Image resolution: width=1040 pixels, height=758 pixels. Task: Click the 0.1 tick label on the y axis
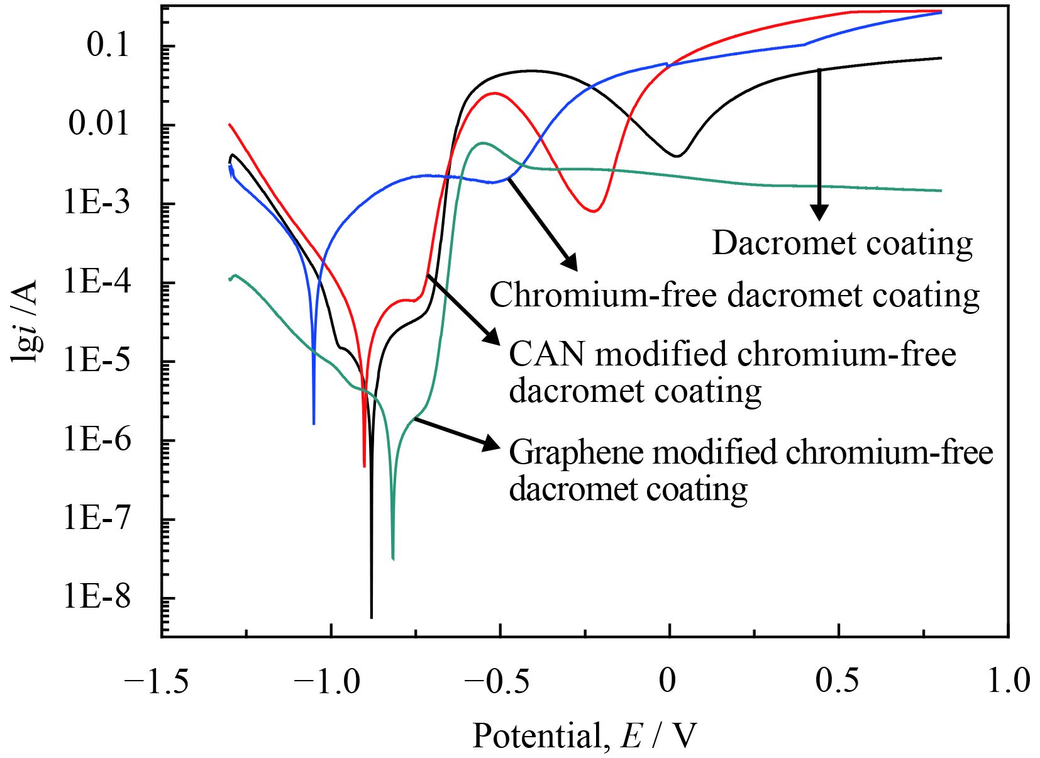108,45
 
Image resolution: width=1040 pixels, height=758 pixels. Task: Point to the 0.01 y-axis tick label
99,124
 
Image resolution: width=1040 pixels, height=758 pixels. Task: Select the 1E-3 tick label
97,204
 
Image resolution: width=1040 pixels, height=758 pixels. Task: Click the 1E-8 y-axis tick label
97,597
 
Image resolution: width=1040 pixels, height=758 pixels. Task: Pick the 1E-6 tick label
97,440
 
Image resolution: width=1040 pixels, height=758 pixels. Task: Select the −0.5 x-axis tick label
495,681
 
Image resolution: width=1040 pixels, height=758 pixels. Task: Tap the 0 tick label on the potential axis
667,681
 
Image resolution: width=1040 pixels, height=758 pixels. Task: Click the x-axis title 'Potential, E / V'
585,735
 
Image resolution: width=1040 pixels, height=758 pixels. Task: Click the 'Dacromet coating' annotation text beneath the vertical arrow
842,243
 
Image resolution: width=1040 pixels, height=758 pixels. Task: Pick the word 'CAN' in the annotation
546,354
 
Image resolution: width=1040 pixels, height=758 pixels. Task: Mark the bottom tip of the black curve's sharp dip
372,616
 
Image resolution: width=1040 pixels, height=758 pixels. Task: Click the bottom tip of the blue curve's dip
314,423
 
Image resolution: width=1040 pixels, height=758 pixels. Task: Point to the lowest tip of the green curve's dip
393,558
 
